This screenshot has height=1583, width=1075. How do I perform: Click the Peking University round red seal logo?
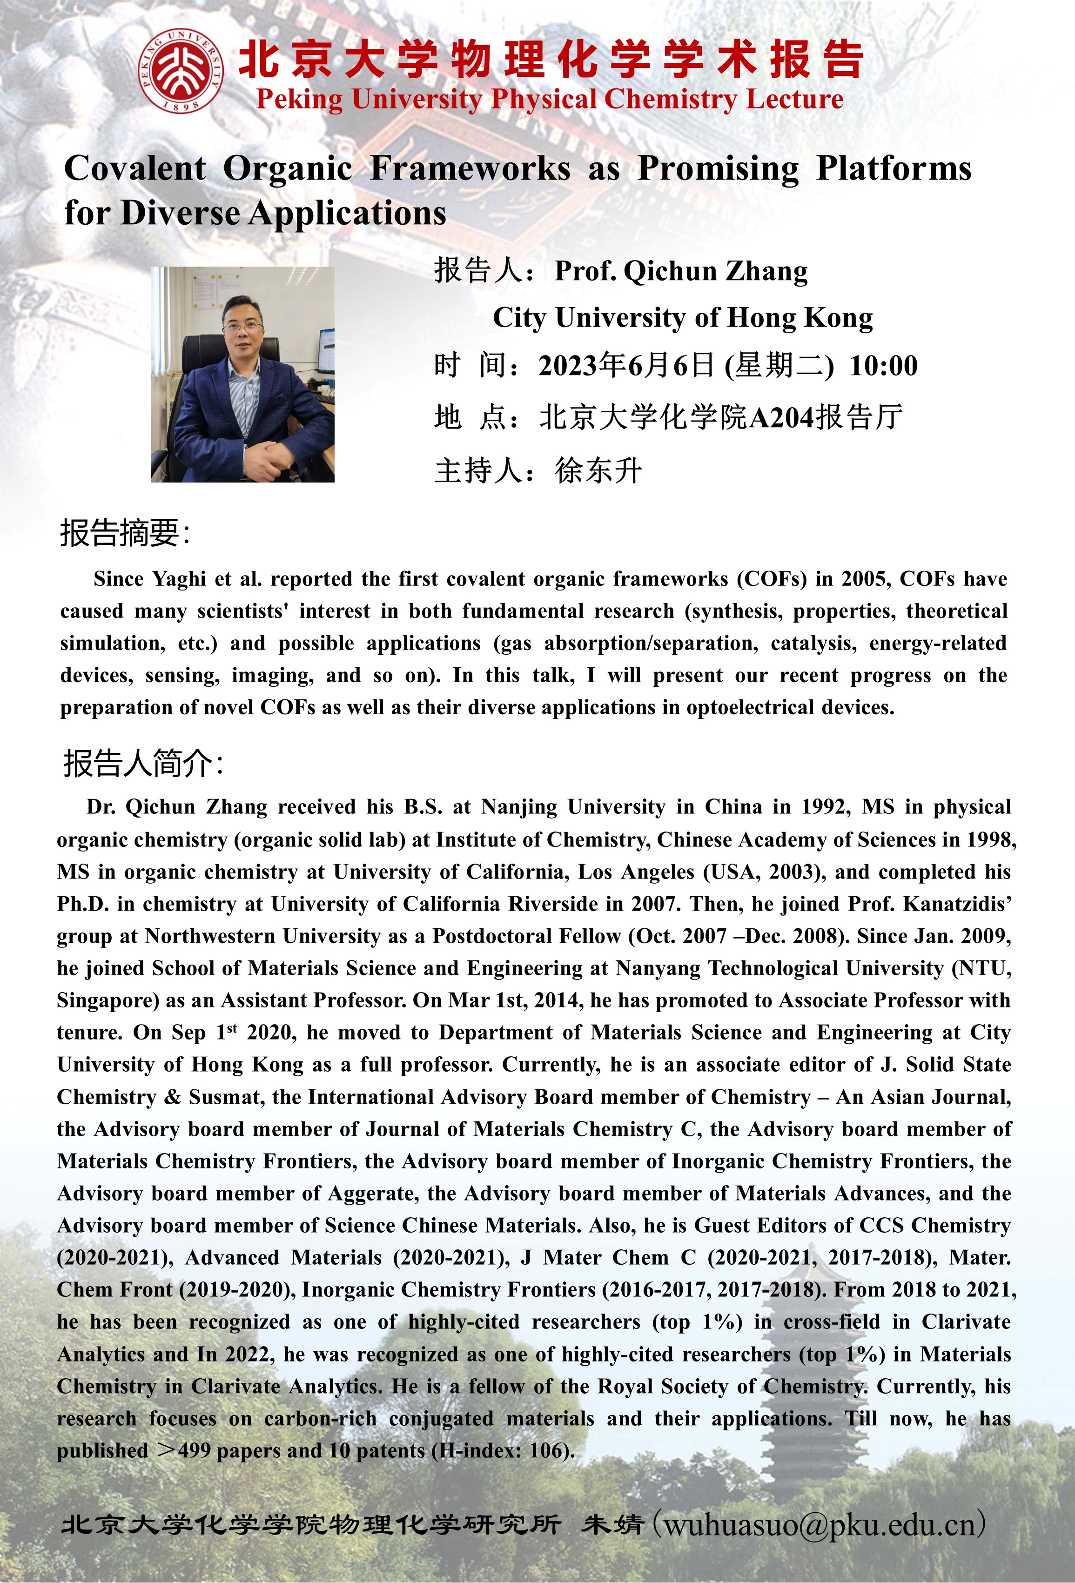click(181, 71)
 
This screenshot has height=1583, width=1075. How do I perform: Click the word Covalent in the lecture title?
click(135, 168)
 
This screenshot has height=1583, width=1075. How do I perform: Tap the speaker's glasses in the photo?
click(243, 326)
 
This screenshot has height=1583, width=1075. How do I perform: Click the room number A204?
click(781, 417)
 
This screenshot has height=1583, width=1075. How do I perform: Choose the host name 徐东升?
click(598, 471)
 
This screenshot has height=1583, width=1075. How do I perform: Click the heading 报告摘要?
click(122, 533)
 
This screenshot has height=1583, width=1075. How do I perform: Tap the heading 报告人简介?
click(141, 764)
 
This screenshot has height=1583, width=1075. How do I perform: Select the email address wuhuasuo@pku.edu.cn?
click(820, 1524)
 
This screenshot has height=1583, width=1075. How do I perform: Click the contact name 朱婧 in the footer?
click(611, 1524)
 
